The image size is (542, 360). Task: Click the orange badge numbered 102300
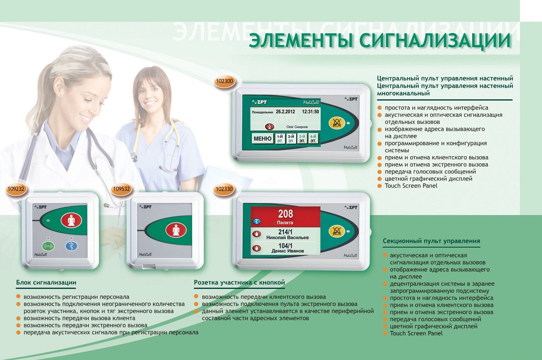(x=224, y=81)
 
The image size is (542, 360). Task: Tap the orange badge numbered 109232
(x=16, y=189)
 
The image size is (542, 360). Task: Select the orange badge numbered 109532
(x=122, y=189)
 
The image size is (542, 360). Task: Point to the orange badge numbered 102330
(x=224, y=189)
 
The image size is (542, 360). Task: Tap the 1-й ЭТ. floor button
(x=280, y=139)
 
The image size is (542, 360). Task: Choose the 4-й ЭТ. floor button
(x=313, y=139)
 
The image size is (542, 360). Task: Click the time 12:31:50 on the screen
(x=310, y=112)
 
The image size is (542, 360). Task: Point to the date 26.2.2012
(x=285, y=112)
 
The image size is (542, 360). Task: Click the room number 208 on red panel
(x=286, y=214)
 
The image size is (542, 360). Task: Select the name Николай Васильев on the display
(x=287, y=238)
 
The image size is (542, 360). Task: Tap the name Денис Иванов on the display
(x=288, y=251)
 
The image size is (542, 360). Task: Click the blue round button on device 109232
(x=72, y=246)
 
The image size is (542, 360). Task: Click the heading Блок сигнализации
(x=46, y=283)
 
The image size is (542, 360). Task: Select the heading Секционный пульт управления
(x=432, y=241)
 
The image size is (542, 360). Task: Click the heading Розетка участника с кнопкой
(x=239, y=283)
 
